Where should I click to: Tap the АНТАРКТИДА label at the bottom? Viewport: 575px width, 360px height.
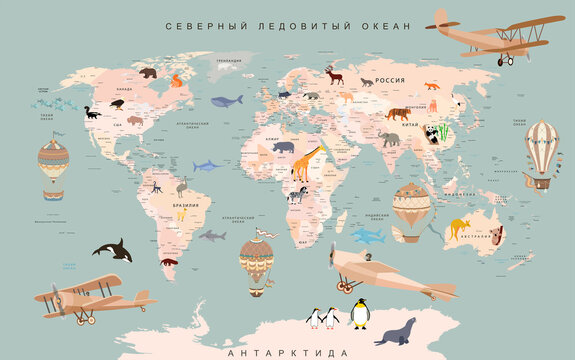pyautogui.click(x=288, y=353)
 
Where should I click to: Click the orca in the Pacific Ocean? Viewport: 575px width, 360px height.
pyautogui.click(x=112, y=250)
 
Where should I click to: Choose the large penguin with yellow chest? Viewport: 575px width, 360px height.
pyautogui.click(x=359, y=314)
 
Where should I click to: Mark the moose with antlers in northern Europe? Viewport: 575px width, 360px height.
pyautogui.click(x=334, y=75)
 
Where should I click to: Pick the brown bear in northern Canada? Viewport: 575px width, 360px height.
pyautogui.click(x=148, y=73)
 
